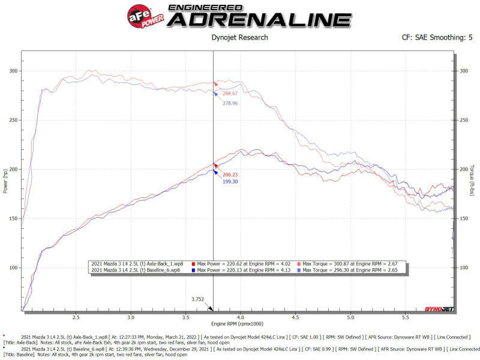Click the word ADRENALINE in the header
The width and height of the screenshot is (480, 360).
point(259,19)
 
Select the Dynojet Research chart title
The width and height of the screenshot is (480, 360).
point(240,38)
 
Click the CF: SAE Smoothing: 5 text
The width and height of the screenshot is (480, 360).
point(437,38)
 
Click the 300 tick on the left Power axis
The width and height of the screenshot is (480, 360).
point(14,71)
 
